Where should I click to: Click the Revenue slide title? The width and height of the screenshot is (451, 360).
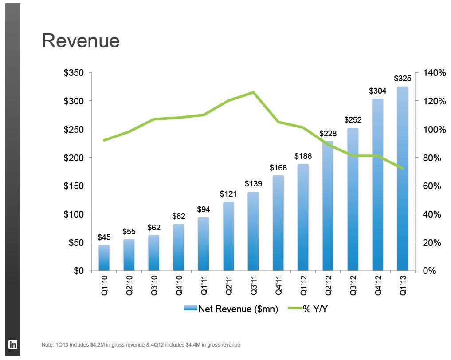tap(81, 41)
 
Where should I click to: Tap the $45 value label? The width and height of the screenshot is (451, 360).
tap(104, 238)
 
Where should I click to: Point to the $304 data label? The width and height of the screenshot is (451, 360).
tap(378, 91)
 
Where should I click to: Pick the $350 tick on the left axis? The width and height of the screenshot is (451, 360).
tap(74, 73)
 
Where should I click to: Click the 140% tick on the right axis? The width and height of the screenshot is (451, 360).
tap(434, 73)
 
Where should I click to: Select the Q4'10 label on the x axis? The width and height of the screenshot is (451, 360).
tap(179, 285)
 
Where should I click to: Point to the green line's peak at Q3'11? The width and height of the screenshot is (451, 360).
tap(253, 92)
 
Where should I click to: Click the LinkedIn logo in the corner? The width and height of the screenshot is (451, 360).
tap(13, 344)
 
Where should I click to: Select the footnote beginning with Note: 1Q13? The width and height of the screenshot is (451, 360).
tap(141, 345)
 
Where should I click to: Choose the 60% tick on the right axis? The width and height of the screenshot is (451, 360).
tap(431, 186)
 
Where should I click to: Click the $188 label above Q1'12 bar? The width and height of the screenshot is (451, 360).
tap(303, 156)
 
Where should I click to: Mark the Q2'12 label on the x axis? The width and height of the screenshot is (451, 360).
tap(328, 285)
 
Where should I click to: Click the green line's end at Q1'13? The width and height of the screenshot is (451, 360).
tap(402, 168)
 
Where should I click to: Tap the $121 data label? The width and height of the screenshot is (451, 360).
tap(228, 194)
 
